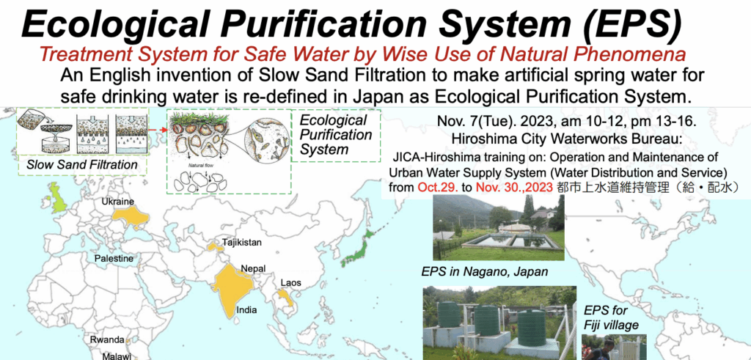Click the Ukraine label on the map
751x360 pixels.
click(117, 202)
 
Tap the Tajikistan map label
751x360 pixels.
click(242, 243)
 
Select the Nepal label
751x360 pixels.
click(253, 268)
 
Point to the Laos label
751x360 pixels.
click(290, 282)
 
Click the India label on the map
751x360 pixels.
click(246, 309)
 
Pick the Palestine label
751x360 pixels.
click(114, 259)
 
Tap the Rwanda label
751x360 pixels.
click(107, 340)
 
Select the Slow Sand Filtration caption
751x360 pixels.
click(81, 165)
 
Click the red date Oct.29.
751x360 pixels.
click(437, 187)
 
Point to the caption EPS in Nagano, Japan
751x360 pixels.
click(485, 272)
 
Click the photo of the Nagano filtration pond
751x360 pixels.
click(499, 227)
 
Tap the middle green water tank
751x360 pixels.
click(487, 320)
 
